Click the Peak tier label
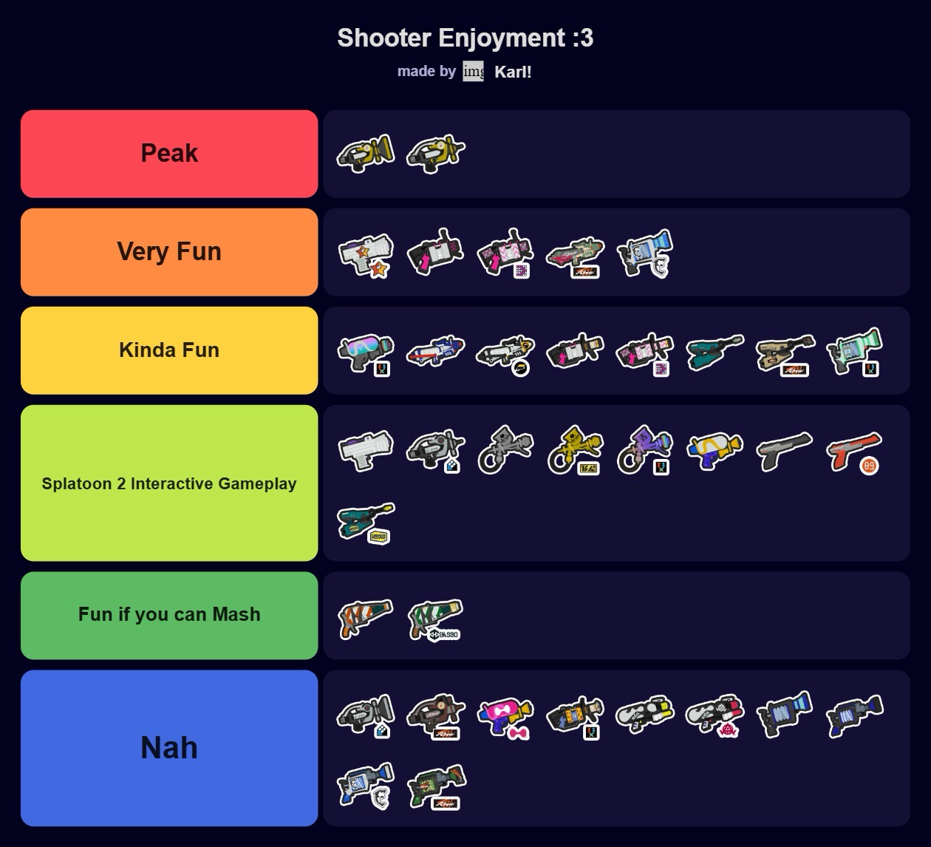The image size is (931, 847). [x=169, y=154]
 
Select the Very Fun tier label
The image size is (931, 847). [x=169, y=252]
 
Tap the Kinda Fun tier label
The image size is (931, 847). [x=169, y=350]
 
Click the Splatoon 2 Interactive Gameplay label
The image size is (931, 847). [x=169, y=483]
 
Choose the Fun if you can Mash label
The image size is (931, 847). [x=169, y=615]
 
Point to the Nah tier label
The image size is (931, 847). [x=169, y=748]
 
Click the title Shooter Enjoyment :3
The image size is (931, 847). [x=465, y=38]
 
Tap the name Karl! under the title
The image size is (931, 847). [x=513, y=72]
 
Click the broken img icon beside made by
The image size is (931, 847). [x=473, y=72]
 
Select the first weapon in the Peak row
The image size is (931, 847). [x=366, y=154]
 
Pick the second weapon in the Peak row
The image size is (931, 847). [x=435, y=154]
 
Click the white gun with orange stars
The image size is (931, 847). [x=366, y=254]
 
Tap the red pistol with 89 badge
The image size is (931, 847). [x=854, y=451]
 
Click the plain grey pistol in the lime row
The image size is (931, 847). [x=784, y=449]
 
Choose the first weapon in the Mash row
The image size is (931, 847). [x=366, y=617]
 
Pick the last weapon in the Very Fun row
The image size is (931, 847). [x=644, y=252]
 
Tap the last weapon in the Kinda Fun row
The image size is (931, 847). [x=854, y=351]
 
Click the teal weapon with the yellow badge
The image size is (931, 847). [x=366, y=521]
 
